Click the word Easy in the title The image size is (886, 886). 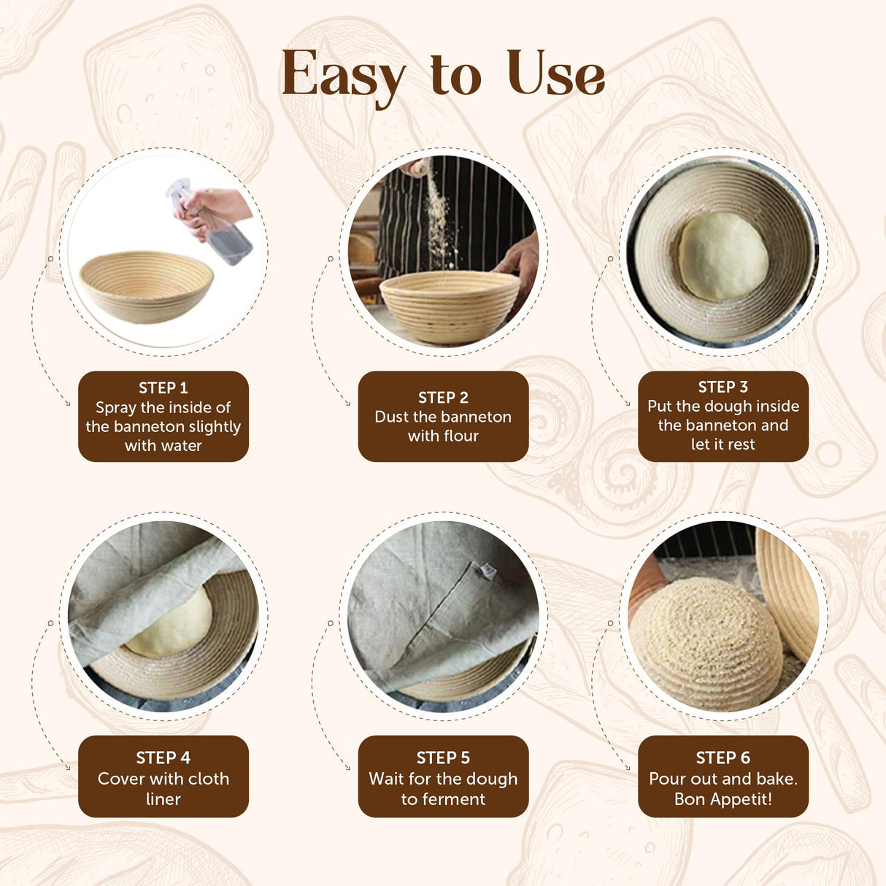tap(343, 75)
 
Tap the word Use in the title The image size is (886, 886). tap(555, 74)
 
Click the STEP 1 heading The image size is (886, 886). tap(163, 388)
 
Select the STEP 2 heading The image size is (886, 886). tap(443, 398)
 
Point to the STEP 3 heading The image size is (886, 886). tap(723, 388)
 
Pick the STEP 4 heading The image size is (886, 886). tap(163, 758)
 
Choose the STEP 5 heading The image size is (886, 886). tap(443, 758)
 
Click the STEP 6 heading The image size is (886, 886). tap(723, 758)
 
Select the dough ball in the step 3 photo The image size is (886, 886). tap(723, 255)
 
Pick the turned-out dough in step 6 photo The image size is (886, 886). tap(704, 642)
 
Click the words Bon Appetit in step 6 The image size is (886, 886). tap(723, 799)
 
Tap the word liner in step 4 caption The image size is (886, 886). tap(163, 799)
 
